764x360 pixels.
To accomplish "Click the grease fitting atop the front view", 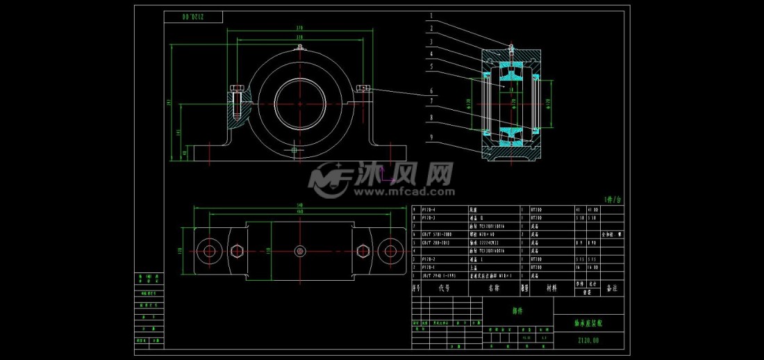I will click(x=299, y=48).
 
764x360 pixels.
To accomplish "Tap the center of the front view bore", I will click(x=299, y=101).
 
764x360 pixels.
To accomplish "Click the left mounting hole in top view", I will click(x=208, y=251).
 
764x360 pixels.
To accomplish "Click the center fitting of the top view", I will click(x=299, y=251).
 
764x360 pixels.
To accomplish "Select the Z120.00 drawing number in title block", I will click(x=588, y=341).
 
